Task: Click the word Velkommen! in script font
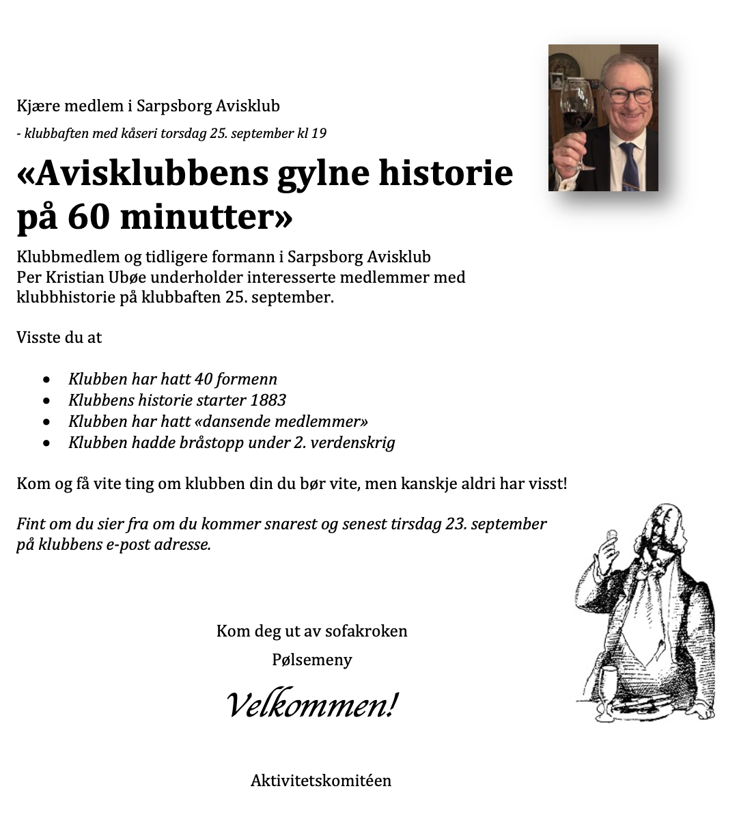[311, 704]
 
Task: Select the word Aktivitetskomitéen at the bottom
[321, 781]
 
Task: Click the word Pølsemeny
[312, 660]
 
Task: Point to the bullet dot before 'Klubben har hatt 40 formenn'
[46, 379]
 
